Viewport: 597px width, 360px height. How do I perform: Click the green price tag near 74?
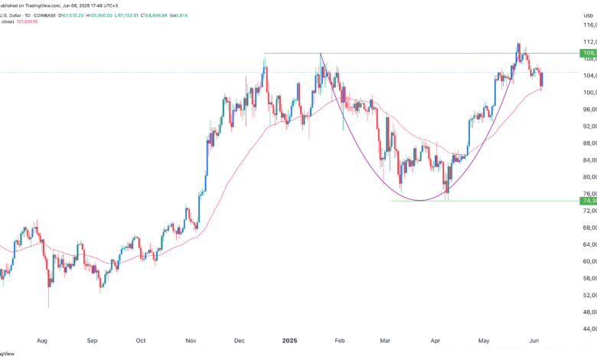[x=588, y=201]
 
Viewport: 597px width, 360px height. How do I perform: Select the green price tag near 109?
[x=588, y=53]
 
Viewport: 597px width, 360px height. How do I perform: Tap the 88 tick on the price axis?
[x=588, y=143]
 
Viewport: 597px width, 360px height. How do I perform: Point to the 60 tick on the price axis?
[x=588, y=261]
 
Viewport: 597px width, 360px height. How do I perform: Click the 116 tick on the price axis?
[x=588, y=26]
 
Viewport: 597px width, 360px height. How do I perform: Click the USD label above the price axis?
[x=587, y=14]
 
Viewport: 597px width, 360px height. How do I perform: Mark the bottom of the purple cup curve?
[x=420, y=201]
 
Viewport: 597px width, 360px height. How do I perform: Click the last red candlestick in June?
[x=541, y=79]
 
